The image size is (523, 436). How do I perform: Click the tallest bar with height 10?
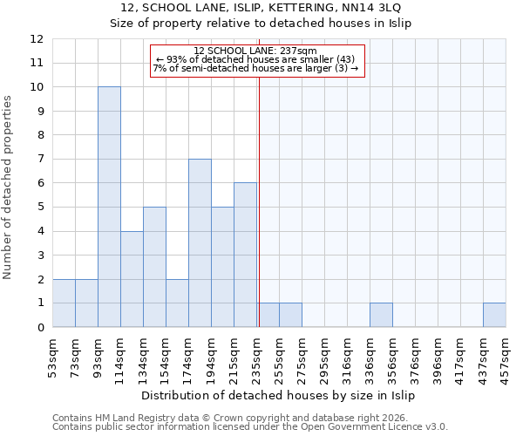coord(109,207)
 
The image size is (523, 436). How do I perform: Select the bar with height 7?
coord(200,242)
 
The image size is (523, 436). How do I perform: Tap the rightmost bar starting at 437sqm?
coord(494,315)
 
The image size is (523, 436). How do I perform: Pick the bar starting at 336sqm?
coord(381,315)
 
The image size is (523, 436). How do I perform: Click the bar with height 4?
coord(132,279)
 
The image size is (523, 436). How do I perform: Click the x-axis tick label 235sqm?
coord(258,355)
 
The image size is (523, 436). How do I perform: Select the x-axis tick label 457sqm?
coord(507,355)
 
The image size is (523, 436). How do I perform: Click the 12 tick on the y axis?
coord(37,39)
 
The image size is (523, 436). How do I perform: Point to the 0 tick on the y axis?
coord(40,328)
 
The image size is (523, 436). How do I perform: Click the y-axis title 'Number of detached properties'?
coord(9,187)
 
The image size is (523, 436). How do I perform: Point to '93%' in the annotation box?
coord(173,59)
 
